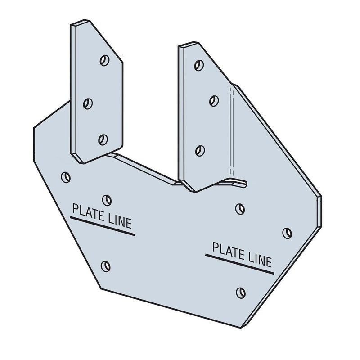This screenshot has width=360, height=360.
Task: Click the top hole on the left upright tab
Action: pos(105,60)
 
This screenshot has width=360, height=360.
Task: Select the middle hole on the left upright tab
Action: pos(88,103)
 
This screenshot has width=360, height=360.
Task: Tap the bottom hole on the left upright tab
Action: pos(103,139)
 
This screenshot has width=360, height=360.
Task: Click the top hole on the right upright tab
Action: pos(198,65)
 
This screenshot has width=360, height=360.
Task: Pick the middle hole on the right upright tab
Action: pos(214,100)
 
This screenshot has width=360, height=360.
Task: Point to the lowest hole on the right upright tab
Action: pos(200,150)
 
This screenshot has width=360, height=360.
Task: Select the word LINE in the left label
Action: pos(117,222)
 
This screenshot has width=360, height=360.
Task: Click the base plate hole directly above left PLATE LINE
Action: pos(107,199)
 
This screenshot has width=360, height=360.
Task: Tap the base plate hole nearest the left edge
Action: pos(66,177)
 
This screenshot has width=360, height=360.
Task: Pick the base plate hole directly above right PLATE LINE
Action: pos(240,208)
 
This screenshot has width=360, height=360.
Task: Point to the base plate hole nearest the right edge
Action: pos(287,233)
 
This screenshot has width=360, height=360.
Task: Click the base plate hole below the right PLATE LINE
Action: pos(241,292)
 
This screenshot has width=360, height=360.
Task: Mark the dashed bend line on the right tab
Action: pos(232,130)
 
